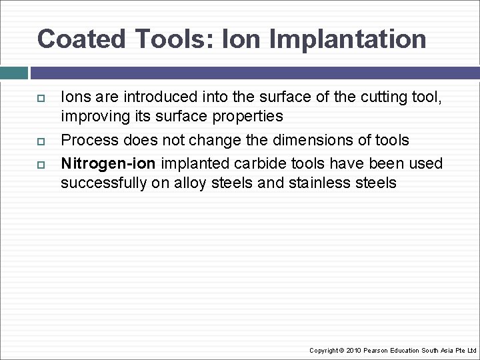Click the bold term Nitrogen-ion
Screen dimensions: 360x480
(x=109, y=164)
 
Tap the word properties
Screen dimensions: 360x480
(x=249, y=117)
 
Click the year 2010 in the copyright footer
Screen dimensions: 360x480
(x=355, y=350)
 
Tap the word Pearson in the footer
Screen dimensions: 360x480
(x=377, y=350)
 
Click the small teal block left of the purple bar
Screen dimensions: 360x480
(x=14, y=73)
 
